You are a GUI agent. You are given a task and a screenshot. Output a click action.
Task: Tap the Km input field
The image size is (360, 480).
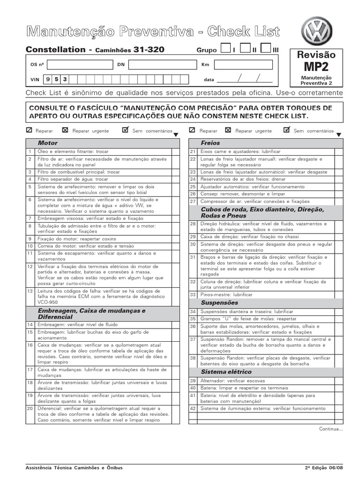click(242, 65)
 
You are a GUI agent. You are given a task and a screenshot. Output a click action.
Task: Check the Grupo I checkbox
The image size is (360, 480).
click(225, 49)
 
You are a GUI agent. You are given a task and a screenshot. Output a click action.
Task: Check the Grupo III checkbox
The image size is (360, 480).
click(266, 49)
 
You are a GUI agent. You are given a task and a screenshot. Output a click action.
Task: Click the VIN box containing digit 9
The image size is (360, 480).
click(49, 79)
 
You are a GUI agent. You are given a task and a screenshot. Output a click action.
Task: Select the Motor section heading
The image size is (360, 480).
click(48, 143)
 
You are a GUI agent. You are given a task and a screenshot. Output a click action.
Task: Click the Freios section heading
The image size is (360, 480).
click(210, 143)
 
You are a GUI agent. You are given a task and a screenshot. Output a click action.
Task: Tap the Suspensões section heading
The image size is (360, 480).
click(219, 303)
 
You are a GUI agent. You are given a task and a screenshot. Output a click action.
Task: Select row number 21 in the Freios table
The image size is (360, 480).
click(192, 152)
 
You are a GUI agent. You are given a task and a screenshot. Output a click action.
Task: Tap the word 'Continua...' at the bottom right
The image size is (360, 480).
click(331, 428)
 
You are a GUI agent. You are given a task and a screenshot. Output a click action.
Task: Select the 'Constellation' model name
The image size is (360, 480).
click(55, 50)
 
